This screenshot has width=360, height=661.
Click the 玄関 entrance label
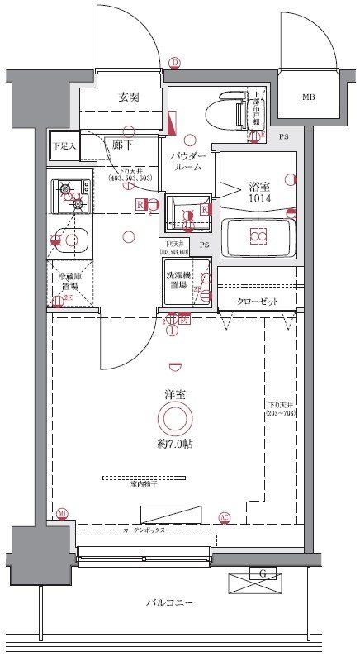pyautogui.click(x=128, y=97)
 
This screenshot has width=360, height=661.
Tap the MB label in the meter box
pyautogui.click(x=308, y=97)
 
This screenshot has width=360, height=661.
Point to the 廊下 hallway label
pyautogui.click(x=123, y=143)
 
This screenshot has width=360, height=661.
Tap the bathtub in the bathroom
pyautogui.click(x=258, y=237)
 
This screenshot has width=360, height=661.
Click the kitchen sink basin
pyautogui.click(x=73, y=241)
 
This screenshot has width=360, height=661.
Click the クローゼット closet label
pyautogui.click(x=256, y=301)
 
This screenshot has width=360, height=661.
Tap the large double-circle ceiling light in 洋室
pyautogui.click(x=174, y=420)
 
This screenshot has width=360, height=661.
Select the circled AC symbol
pyautogui.click(x=225, y=518)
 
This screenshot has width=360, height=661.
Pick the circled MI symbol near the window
pyautogui.click(x=62, y=514)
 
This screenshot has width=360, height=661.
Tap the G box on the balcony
pyautogui.click(x=263, y=573)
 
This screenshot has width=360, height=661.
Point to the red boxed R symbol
pyautogui.click(x=140, y=203)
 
